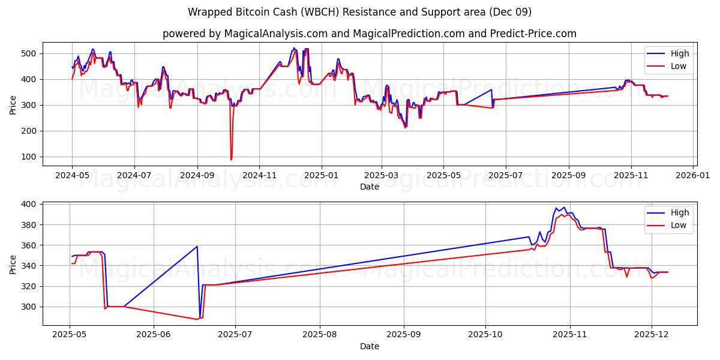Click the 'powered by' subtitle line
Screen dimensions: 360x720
click(x=369, y=34)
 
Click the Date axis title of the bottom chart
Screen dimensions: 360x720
click(x=369, y=346)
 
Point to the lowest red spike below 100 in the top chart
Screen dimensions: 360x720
click(x=231, y=160)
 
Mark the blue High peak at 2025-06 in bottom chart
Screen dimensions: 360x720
click(x=197, y=247)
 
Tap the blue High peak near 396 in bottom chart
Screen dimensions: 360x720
click(x=557, y=208)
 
